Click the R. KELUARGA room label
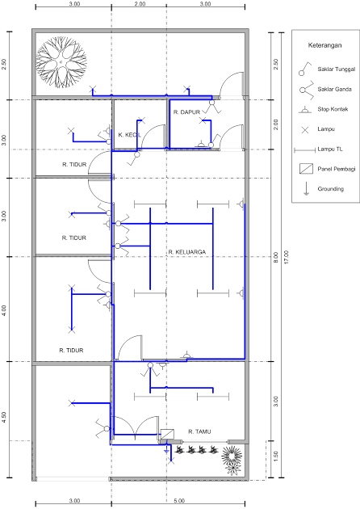click(x=186, y=252)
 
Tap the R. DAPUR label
click(x=186, y=112)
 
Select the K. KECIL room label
click(x=129, y=135)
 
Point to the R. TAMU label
click(x=199, y=431)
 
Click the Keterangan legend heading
click(x=324, y=45)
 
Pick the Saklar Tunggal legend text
click(x=337, y=69)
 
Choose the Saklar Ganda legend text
click(x=334, y=89)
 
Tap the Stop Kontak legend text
click(x=333, y=109)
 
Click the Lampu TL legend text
click(x=330, y=149)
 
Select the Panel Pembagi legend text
click(x=337, y=169)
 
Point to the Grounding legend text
click(x=330, y=189)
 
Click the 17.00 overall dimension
click(x=286, y=257)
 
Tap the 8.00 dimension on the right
click(x=276, y=257)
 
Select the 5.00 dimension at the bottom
click(x=178, y=501)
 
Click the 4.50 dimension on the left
click(x=4, y=418)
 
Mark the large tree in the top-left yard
click(x=61, y=61)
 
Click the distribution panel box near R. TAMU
click(x=167, y=434)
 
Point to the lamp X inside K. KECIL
click(x=141, y=120)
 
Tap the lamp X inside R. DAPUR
click(x=203, y=120)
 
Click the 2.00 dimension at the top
click(x=140, y=4)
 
